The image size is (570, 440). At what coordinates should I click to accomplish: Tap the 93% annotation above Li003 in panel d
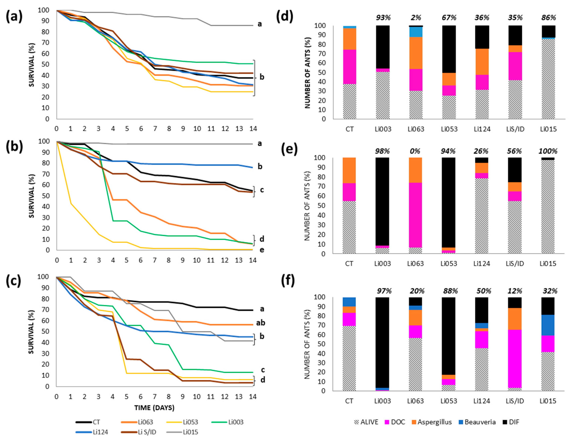(x=383, y=18)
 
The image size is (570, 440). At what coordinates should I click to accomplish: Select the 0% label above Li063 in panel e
(x=415, y=151)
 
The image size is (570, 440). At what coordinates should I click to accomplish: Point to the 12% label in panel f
(x=515, y=291)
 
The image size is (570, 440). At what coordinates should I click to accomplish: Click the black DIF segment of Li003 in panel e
(x=382, y=201)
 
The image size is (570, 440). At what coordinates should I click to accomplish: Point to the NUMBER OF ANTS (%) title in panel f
(x=307, y=344)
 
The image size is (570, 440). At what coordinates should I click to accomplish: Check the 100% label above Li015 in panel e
(x=548, y=151)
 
